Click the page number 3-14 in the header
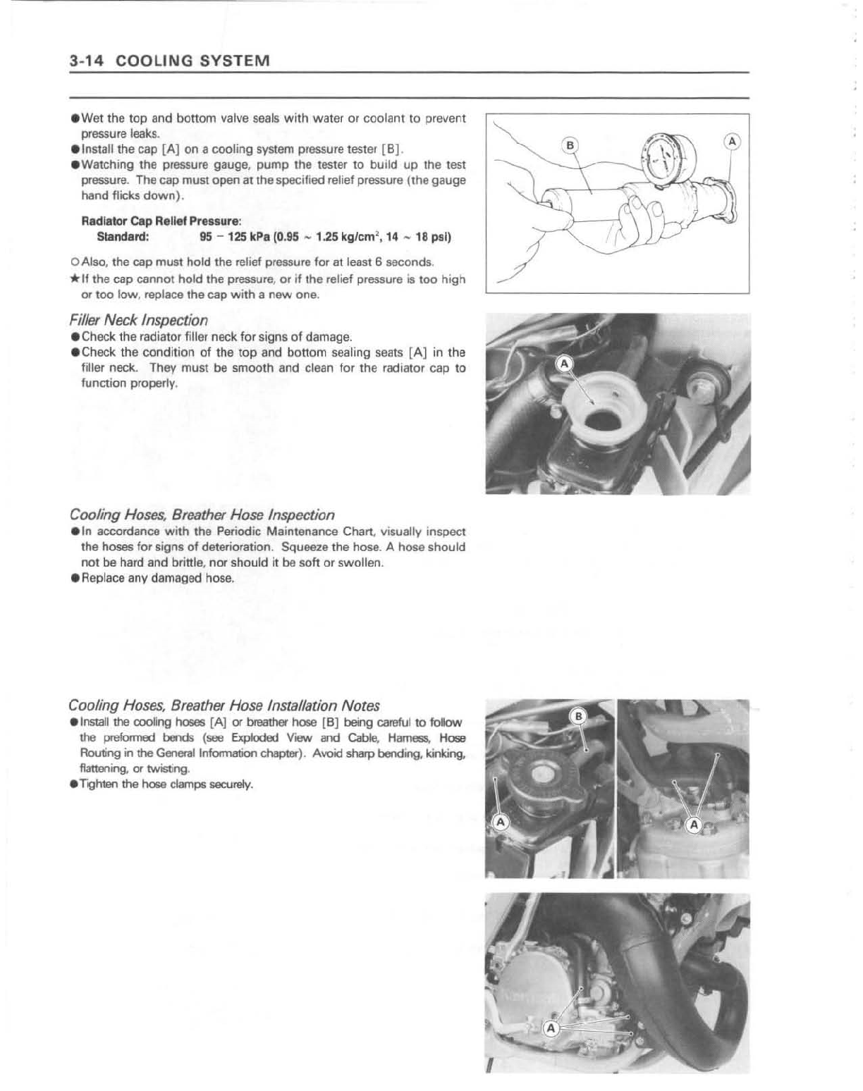(x=87, y=61)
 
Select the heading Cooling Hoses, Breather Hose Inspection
(x=202, y=514)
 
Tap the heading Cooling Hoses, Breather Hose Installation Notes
(x=224, y=705)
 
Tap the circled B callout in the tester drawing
(x=570, y=146)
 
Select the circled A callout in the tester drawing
(x=733, y=142)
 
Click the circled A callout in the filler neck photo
(x=564, y=364)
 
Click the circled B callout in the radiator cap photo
(x=577, y=717)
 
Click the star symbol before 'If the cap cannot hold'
(x=74, y=280)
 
